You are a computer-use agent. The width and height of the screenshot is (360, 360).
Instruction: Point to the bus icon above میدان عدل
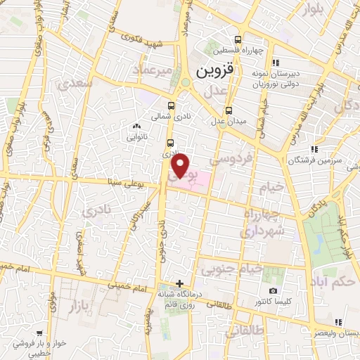pos(229,110)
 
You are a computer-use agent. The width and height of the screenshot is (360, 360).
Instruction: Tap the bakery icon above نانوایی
pos(136,126)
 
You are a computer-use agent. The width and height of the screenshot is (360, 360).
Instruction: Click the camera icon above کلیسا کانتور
pos(273,290)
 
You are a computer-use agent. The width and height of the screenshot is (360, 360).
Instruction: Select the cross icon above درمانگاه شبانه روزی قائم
pos(180,283)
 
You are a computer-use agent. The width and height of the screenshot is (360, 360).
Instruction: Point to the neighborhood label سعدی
pos(77,84)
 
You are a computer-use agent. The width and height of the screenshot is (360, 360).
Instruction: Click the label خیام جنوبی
pos(232,268)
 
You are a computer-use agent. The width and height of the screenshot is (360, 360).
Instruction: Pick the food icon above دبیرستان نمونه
pos(275,62)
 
